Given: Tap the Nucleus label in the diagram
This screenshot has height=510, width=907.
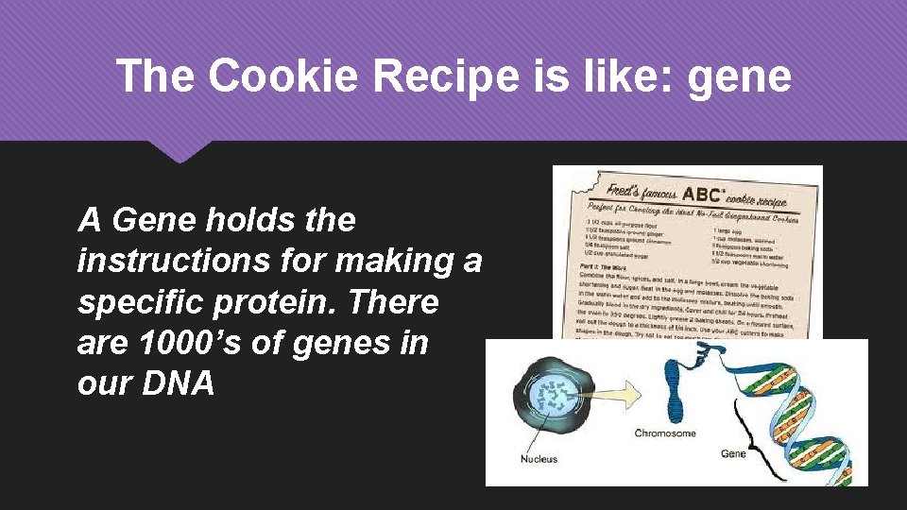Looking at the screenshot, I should (x=539, y=459).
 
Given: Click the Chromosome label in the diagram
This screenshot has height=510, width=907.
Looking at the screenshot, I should (x=665, y=433).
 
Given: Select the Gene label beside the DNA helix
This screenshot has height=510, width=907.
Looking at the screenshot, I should (x=733, y=453).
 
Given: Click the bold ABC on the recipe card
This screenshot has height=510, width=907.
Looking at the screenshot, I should (x=703, y=194).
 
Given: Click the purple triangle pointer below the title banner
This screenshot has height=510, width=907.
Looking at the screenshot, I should (x=180, y=151).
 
